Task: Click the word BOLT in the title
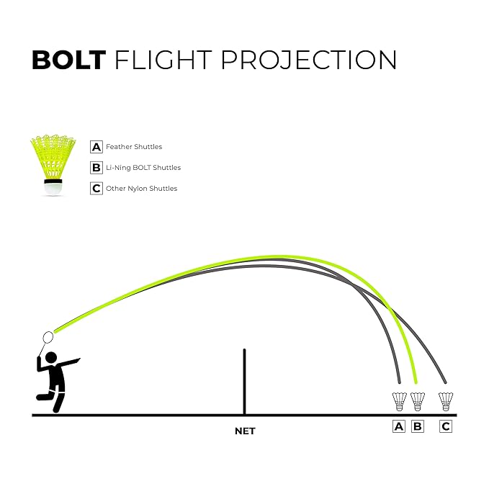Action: click(69, 60)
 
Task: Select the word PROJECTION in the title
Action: click(308, 60)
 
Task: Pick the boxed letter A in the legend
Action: click(96, 147)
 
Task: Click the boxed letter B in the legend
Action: click(96, 168)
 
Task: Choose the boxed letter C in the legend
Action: click(96, 189)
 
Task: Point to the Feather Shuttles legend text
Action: click(134, 147)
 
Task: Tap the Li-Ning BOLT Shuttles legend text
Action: click(143, 168)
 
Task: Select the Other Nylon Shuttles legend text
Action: click(141, 189)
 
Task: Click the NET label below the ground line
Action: click(245, 431)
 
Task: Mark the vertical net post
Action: click(245, 382)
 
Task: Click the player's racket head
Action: click(49, 337)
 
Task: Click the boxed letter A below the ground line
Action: click(399, 426)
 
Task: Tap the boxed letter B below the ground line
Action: click(418, 426)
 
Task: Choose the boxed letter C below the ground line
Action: click(446, 426)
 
